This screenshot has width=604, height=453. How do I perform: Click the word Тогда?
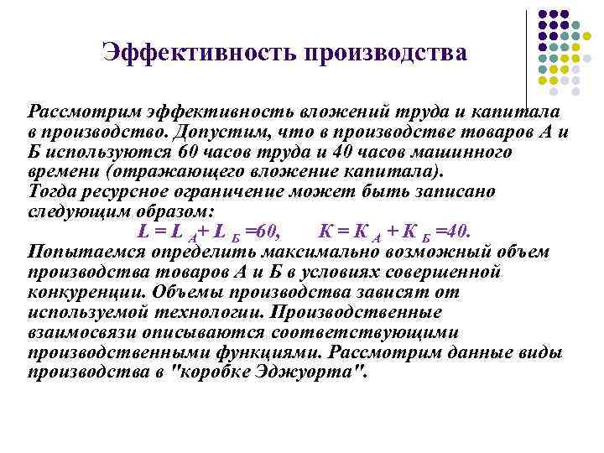click(x=54, y=191)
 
